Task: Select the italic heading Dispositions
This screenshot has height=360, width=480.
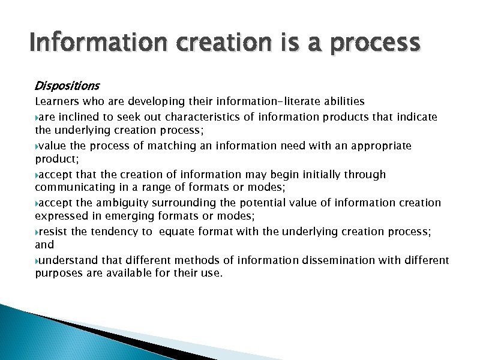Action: coord(67,86)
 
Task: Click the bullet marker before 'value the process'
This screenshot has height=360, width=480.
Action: coord(37,146)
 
